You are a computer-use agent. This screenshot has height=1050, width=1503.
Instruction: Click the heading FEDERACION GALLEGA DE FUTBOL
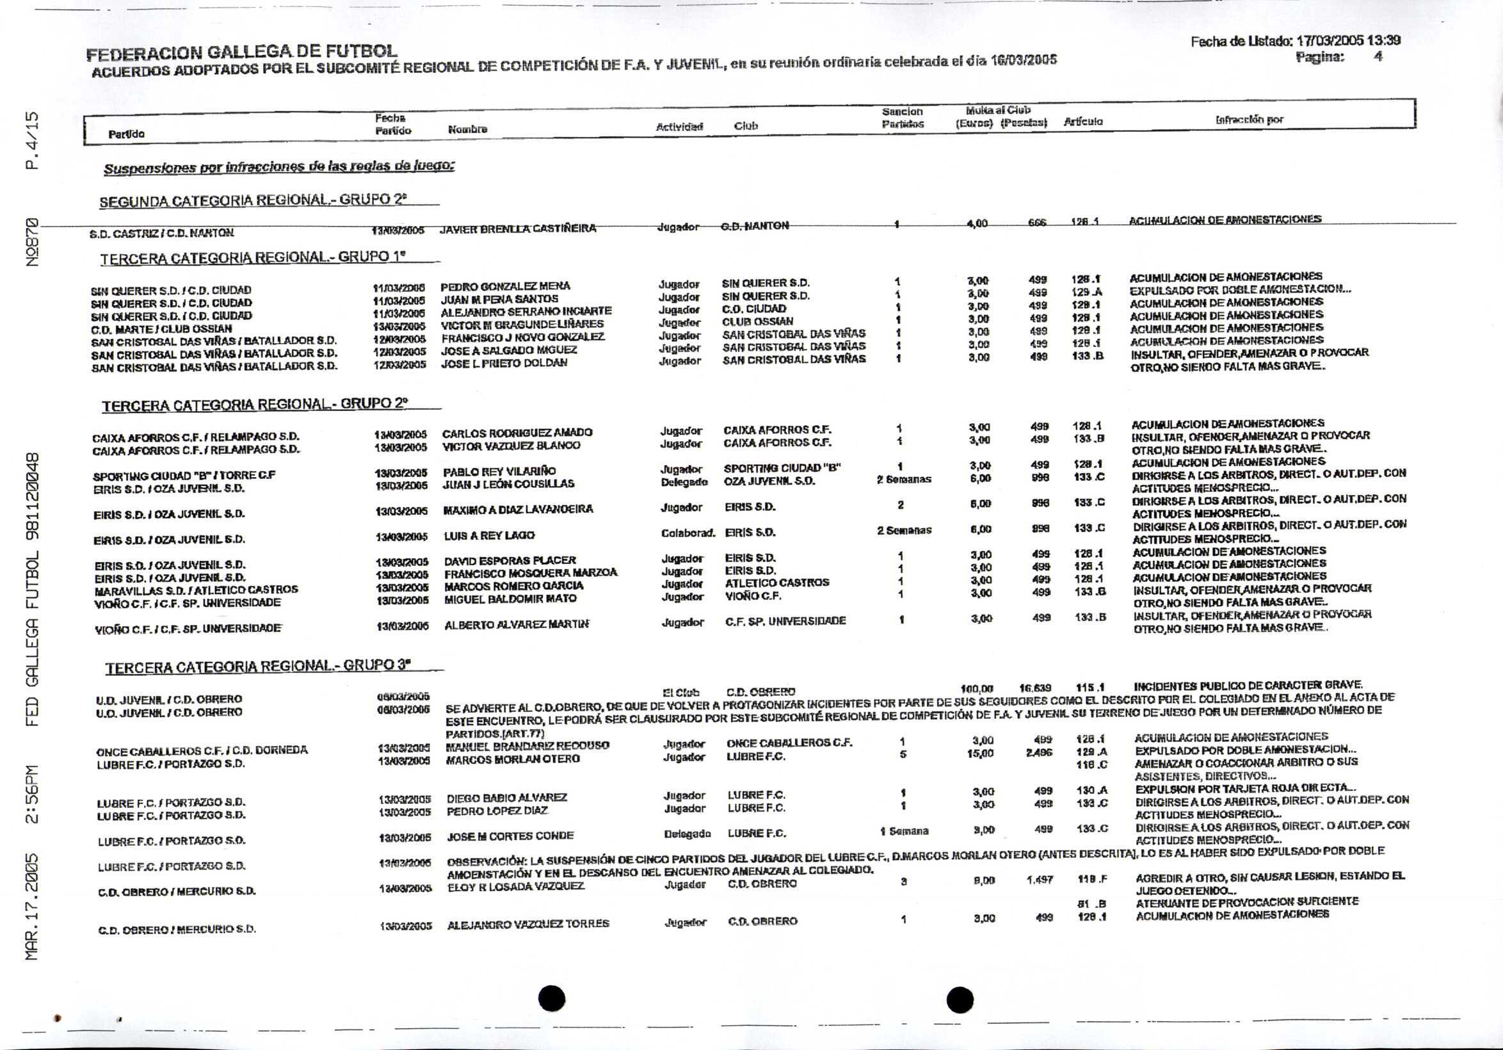click(241, 52)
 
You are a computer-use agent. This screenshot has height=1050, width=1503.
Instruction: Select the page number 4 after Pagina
click(1378, 57)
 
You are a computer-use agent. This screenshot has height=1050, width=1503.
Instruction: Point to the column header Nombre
click(467, 129)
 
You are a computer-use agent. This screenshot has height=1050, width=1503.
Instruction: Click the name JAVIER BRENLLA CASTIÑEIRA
click(517, 229)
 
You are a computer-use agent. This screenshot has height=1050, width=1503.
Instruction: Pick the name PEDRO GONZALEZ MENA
click(504, 286)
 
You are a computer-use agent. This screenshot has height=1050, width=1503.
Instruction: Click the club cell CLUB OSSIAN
click(757, 321)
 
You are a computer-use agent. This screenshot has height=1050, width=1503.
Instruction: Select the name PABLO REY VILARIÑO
click(499, 471)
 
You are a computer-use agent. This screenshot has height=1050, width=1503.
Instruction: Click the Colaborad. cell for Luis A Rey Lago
click(687, 533)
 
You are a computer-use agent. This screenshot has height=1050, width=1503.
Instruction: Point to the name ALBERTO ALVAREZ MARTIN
click(517, 625)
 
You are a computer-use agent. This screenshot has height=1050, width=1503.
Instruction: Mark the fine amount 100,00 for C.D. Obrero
click(977, 689)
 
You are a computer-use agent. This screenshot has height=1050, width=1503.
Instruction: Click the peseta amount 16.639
click(1035, 688)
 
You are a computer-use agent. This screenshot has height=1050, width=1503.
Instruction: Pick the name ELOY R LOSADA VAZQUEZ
click(515, 886)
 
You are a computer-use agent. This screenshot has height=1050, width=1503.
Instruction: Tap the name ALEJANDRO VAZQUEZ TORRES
click(527, 924)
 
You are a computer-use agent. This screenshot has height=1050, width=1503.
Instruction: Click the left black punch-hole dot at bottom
click(552, 998)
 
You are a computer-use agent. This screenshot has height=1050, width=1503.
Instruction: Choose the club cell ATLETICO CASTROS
click(776, 583)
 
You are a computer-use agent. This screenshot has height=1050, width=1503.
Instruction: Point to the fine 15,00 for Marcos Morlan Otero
click(981, 754)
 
